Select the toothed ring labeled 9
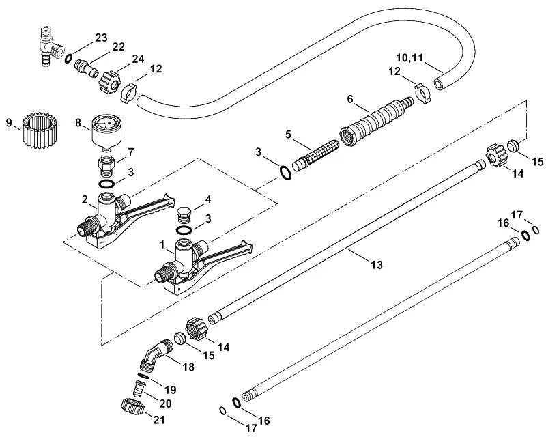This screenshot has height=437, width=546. click(x=40, y=130)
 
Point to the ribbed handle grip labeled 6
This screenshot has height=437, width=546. click(x=376, y=122)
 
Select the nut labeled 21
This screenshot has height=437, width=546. click(x=132, y=406)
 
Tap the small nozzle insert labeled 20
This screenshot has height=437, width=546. click(x=140, y=388)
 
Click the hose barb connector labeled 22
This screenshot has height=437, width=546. click(x=86, y=68)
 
